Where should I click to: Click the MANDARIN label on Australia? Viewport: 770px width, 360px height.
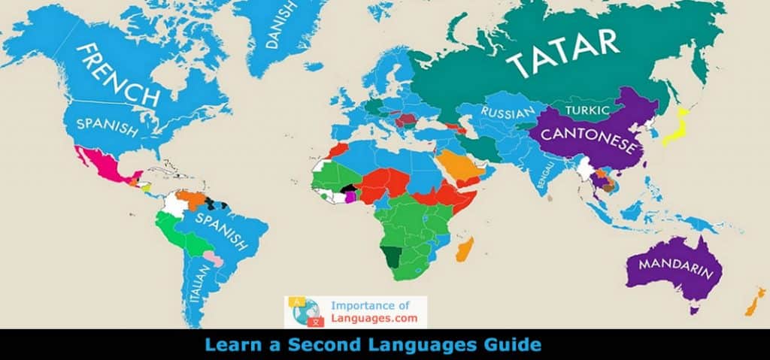tap(675, 267)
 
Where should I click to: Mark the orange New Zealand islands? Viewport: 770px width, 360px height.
tap(753, 301)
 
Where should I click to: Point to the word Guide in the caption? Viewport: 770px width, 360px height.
tap(515, 346)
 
